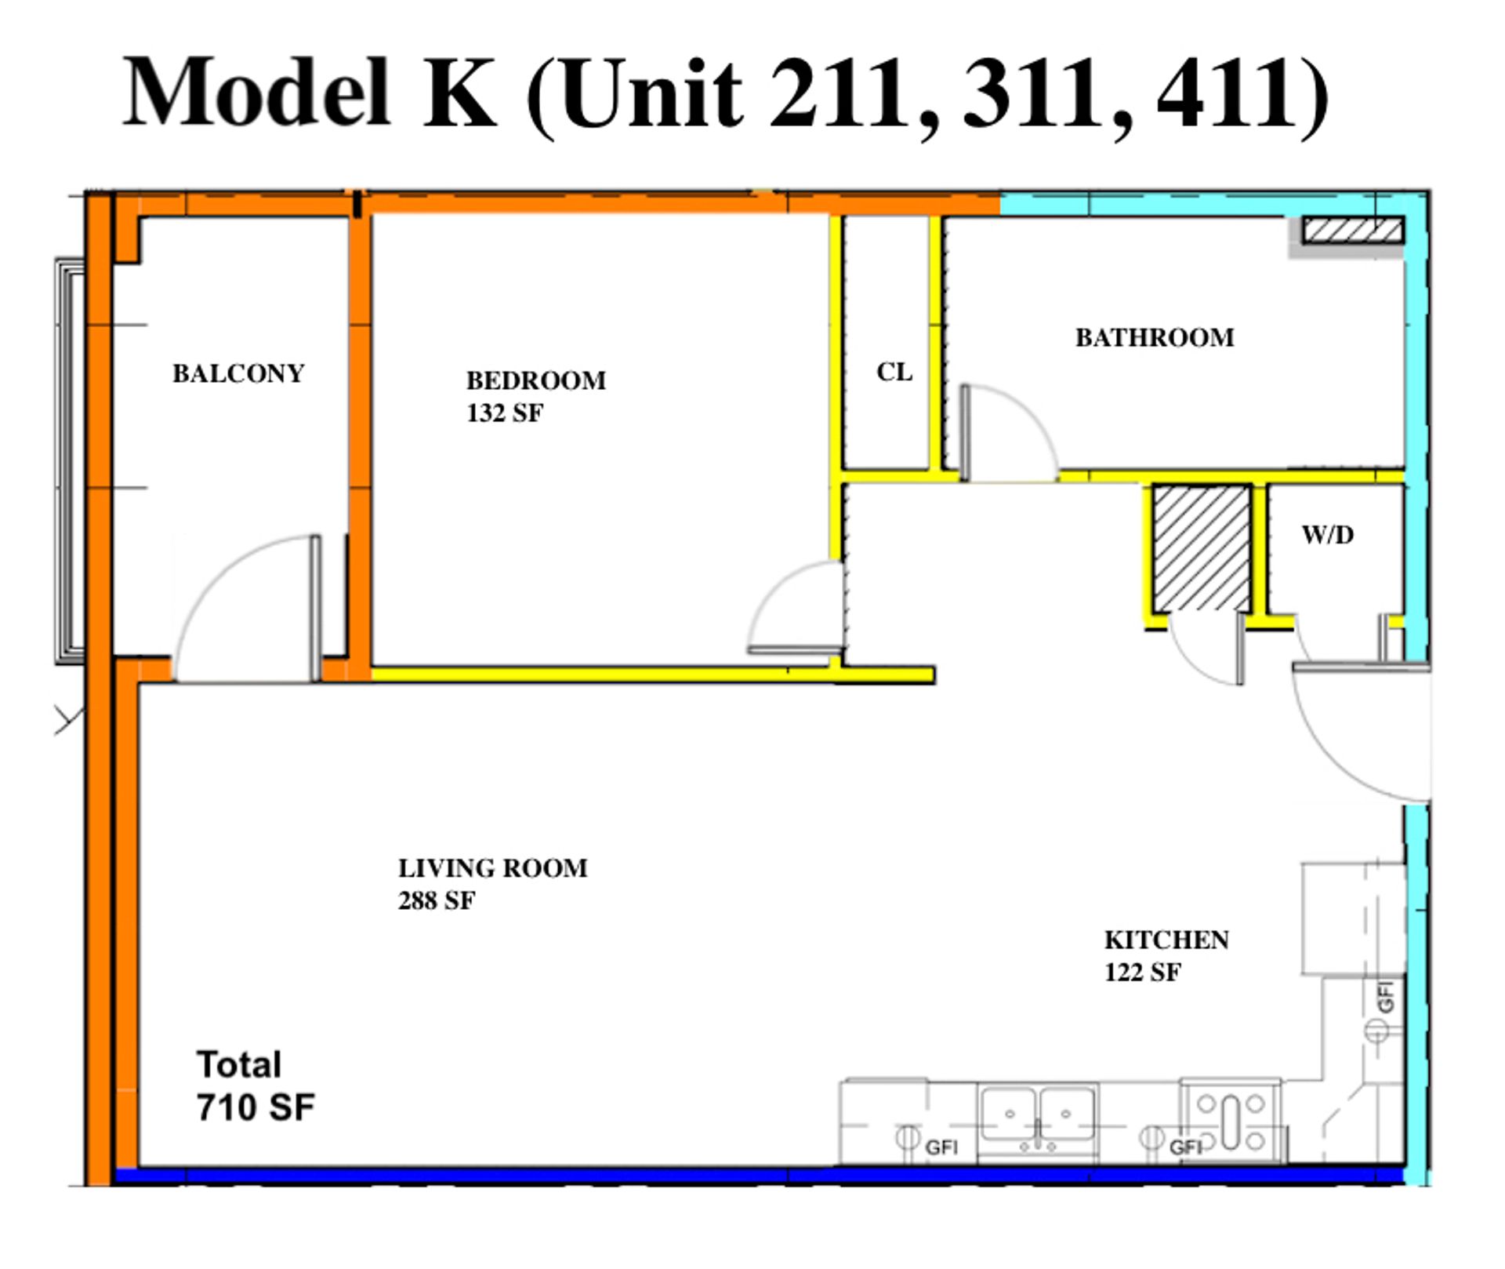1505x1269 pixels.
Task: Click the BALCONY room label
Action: (x=238, y=373)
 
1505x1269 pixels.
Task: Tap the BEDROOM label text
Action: (x=536, y=380)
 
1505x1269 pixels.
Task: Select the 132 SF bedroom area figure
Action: (x=505, y=413)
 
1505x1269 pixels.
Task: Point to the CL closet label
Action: (x=894, y=372)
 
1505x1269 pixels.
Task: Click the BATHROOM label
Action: (x=1155, y=338)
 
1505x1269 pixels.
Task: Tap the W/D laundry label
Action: (x=1328, y=535)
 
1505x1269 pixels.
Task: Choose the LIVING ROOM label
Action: (x=493, y=868)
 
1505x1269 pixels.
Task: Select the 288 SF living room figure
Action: (x=437, y=900)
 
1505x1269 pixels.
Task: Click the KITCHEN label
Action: (x=1167, y=940)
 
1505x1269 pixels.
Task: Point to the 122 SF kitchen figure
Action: (x=1143, y=973)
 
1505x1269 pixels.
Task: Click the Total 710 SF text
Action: (x=256, y=1086)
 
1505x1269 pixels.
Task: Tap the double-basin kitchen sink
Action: (x=1038, y=1116)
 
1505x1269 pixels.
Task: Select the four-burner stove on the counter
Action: (x=1231, y=1122)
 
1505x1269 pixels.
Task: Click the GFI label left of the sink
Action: (x=941, y=1147)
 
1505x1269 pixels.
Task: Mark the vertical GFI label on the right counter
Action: (x=1386, y=997)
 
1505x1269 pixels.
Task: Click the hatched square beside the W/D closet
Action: (x=1202, y=547)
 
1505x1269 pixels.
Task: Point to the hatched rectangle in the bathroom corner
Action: (x=1353, y=231)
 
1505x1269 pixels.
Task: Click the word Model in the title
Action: (x=256, y=93)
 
